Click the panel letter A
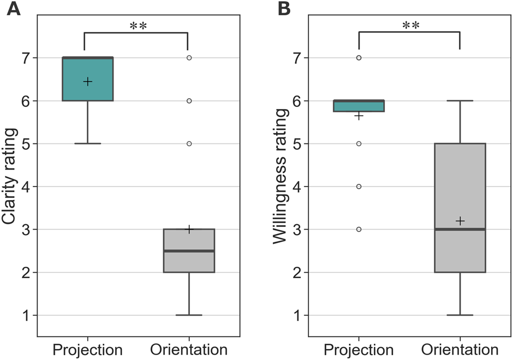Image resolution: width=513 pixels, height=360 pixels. coord(13,9)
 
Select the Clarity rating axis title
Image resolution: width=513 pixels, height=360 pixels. coord(10,176)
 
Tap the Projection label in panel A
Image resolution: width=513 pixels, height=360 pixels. coord(87,349)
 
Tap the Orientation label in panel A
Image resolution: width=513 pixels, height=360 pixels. coord(189,349)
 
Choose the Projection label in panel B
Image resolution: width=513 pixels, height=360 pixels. coord(359,349)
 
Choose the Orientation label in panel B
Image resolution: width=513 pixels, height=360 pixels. coord(460,349)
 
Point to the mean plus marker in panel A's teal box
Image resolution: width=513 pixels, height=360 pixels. coord(87,81)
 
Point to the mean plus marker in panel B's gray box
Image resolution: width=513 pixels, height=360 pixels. coord(460,220)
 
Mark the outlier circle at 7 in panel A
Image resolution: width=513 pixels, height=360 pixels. coord(189,57)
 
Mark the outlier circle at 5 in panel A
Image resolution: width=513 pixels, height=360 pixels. coord(189,143)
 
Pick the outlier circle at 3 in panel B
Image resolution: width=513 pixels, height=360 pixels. coord(359,229)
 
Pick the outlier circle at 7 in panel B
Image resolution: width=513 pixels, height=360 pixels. coord(359,57)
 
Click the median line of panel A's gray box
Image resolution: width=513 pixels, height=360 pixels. coord(189,251)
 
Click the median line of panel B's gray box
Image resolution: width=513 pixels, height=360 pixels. coord(460,229)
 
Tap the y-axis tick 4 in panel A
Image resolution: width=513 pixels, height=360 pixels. coord(27,187)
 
